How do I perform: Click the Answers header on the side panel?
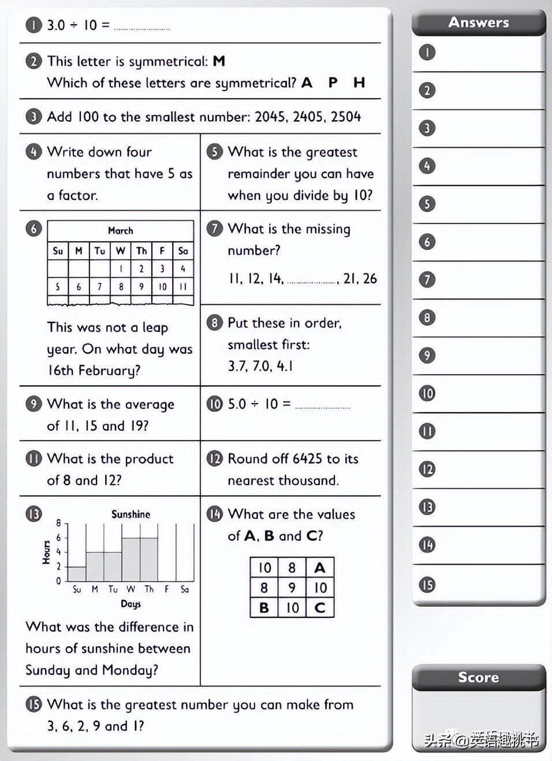pyautogui.click(x=479, y=23)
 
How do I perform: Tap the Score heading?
pyautogui.click(x=478, y=677)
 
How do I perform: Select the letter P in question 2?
pyautogui.click(x=333, y=83)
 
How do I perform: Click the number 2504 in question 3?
pyautogui.click(x=346, y=117)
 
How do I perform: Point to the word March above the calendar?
pyautogui.click(x=120, y=230)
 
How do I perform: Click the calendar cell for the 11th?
pyautogui.click(x=183, y=286)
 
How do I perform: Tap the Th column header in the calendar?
pyautogui.click(x=141, y=251)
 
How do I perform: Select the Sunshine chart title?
pyautogui.click(x=130, y=514)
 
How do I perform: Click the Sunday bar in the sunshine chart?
pyautogui.click(x=77, y=573)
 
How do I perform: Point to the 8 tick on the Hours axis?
pyautogui.click(x=58, y=523)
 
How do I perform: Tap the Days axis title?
pyautogui.click(x=130, y=604)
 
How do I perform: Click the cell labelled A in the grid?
pyautogui.click(x=320, y=568)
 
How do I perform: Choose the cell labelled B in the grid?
pyautogui.click(x=264, y=607)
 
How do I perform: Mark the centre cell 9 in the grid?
pyautogui.click(x=292, y=588)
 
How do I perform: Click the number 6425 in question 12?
pyautogui.click(x=307, y=459)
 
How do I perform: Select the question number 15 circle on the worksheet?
pyautogui.click(x=33, y=704)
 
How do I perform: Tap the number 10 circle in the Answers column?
pyautogui.click(x=427, y=394)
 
